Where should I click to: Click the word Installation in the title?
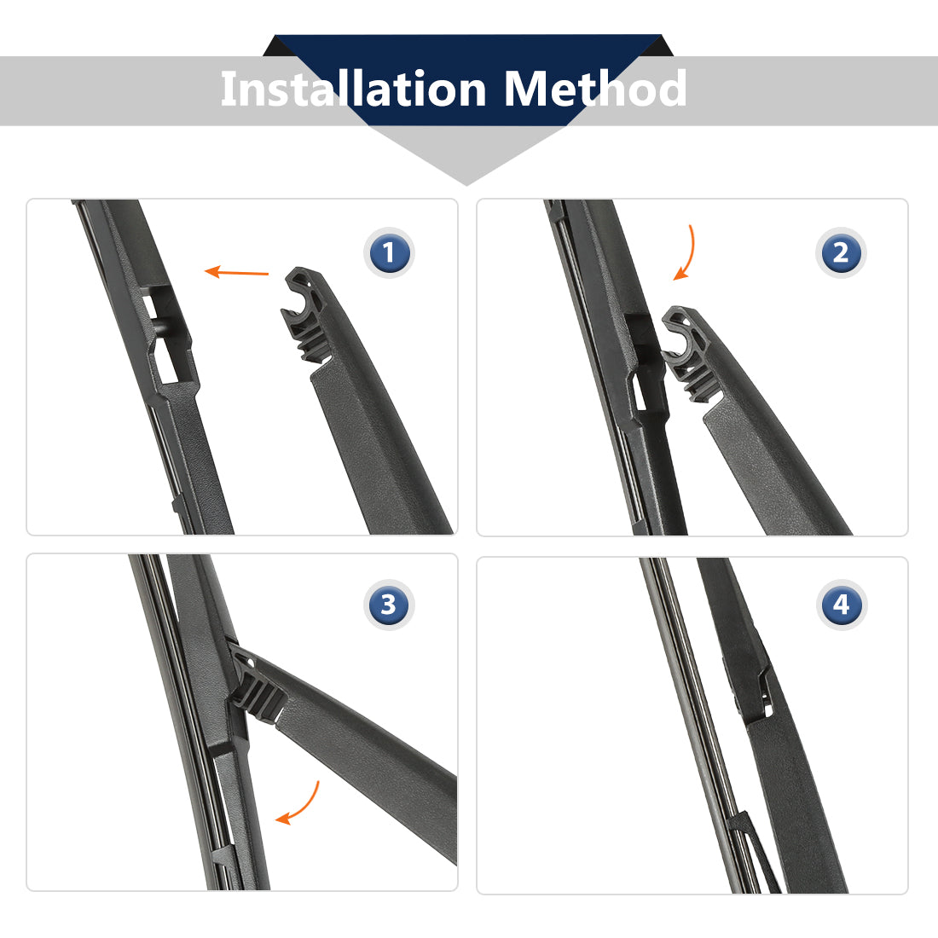click(x=353, y=89)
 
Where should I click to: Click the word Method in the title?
click(x=595, y=89)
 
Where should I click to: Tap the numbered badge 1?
click(x=389, y=252)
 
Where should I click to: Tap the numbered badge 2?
click(x=841, y=252)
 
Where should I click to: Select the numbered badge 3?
click(x=389, y=605)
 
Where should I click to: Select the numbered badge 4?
click(x=841, y=605)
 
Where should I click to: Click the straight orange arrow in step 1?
click(x=236, y=272)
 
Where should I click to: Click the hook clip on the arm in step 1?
click(x=306, y=314)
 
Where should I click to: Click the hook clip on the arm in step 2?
click(x=688, y=353)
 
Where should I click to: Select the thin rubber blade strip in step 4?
click(x=700, y=724)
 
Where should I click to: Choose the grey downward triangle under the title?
click(x=466, y=154)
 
